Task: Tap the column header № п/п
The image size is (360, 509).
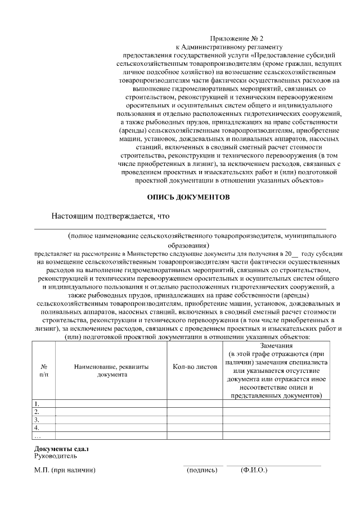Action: click(44, 370)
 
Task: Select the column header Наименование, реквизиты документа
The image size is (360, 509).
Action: click(111, 370)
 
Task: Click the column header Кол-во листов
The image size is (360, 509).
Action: click(195, 366)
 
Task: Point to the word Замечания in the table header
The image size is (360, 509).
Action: click(276, 345)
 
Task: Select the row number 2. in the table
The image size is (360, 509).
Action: click(37, 412)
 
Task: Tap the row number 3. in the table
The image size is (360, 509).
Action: click(37, 420)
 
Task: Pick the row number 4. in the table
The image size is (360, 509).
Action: click(37, 427)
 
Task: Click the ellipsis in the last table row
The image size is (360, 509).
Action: click(38, 435)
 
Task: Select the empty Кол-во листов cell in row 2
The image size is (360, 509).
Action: click(195, 412)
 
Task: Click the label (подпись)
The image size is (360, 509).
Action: click(202, 470)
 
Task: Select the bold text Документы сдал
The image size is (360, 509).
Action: click(62, 448)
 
